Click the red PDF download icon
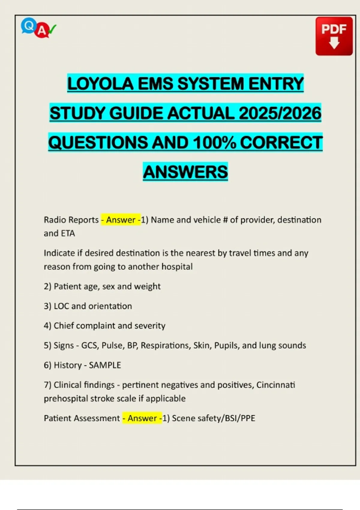click(334, 36)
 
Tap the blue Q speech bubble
click(28, 26)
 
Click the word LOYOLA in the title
click(100, 84)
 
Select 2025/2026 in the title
click(280, 113)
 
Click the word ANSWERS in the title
click(185, 172)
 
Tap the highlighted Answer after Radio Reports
click(121, 220)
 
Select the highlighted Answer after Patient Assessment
click(142, 418)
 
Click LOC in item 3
click(61, 306)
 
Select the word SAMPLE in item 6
click(105, 365)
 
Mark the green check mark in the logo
click(52, 29)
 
